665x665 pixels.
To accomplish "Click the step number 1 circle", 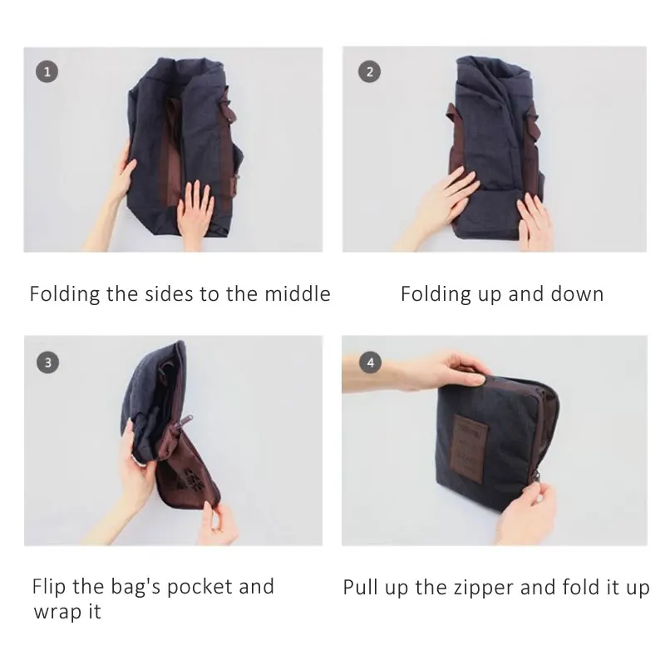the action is tap(47, 71).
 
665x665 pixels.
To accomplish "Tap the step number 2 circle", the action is tap(369, 71).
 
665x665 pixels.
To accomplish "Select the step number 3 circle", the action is tap(47, 362).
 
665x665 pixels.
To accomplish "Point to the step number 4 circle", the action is tap(370, 362).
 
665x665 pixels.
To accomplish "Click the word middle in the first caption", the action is tap(298, 294).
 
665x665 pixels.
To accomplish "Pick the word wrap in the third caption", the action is tap(57, 613).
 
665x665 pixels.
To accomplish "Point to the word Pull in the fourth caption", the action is tap(360, 588).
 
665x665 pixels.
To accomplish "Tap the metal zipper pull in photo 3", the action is tap(186, 421).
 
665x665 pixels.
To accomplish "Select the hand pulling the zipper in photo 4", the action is tap(526, 512).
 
